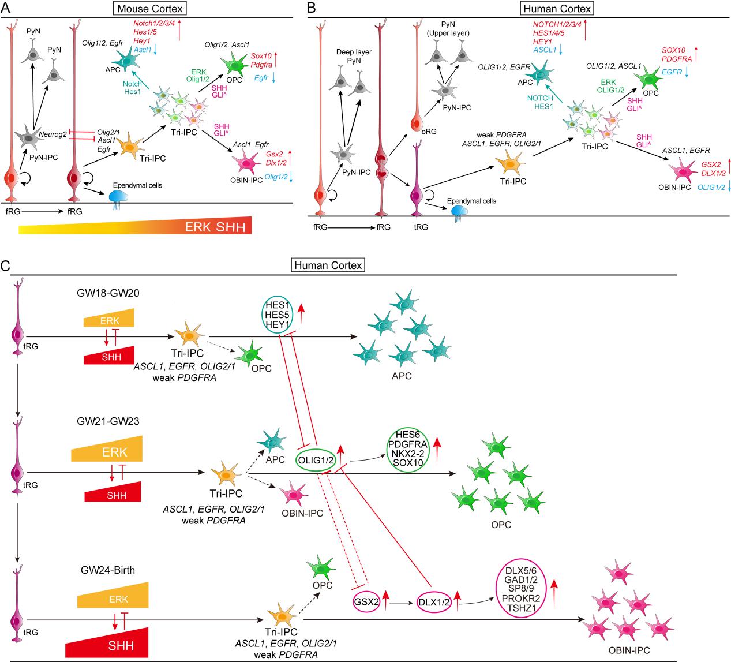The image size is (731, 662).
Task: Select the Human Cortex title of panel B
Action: (557, 9)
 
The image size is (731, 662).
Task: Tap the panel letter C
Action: (5, 266)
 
